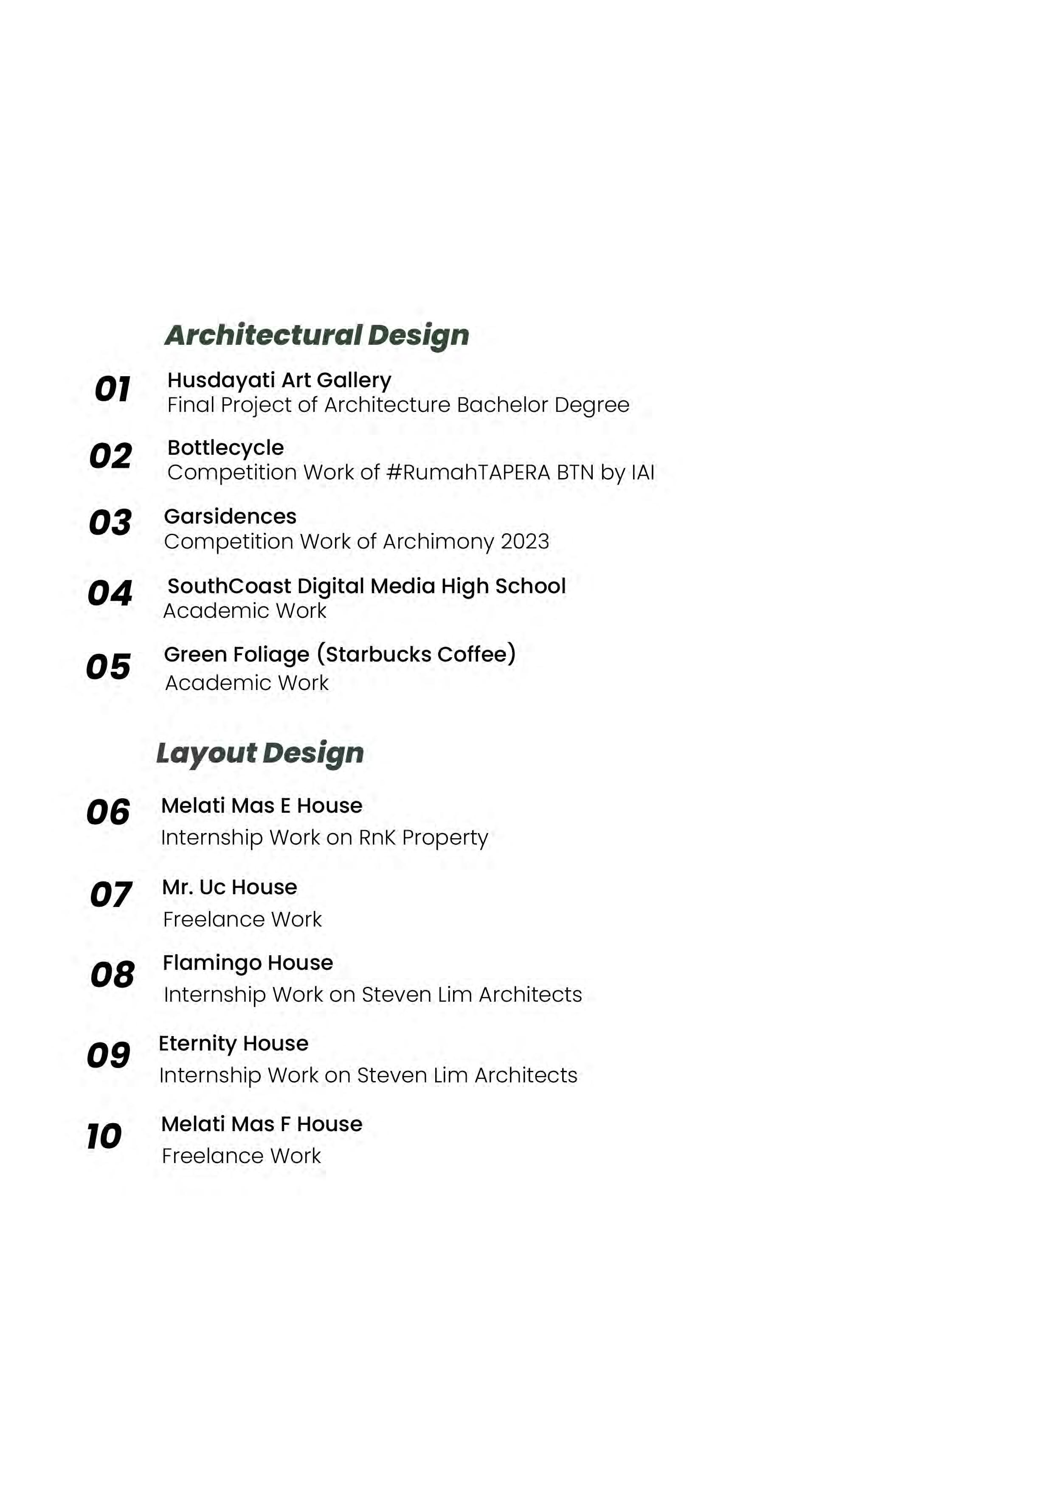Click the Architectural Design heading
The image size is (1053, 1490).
[x=317, y=335]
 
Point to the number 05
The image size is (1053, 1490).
[x=108, y=667]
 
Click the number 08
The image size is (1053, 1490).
[x=112, y=975]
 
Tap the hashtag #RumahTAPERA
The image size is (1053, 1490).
[x=468, y=473]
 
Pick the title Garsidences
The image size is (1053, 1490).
[x=230, y=517]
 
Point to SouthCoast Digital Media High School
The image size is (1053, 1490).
[x=366, y=586]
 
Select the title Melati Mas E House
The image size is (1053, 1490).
[x=262, y=806]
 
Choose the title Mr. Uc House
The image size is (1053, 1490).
[x=230, y=887]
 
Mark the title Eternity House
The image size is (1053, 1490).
[x=234, y=1044]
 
